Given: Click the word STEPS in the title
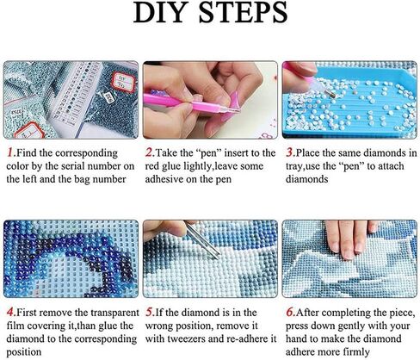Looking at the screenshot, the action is pyautogui.click(x=243, y=12).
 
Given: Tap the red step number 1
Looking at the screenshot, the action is pyautogui.click(x=10, y=152).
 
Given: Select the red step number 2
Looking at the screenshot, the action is pyautogui.click(x=149, y=152).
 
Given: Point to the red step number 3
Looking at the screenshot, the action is pyautogui.click(x=289, y=152).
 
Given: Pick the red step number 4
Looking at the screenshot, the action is pyautogui.click(x=10, y=312).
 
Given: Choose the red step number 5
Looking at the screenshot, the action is pyautogui.click(x=150, y=312).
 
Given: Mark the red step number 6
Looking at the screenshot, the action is pyautogui.click(x=290, y=312).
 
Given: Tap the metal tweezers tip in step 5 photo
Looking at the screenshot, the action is pyautogui.click(x=218, y=255).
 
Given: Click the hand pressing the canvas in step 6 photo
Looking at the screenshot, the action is pyautogui.click(x=351, y=239).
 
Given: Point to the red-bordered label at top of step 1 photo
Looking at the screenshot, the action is pyautogui.click(x=124, y=82).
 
